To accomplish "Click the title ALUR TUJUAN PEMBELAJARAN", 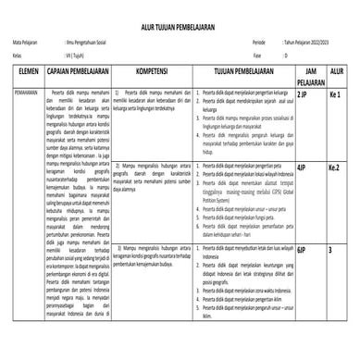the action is pyautogui.click(x=180, y=29).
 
